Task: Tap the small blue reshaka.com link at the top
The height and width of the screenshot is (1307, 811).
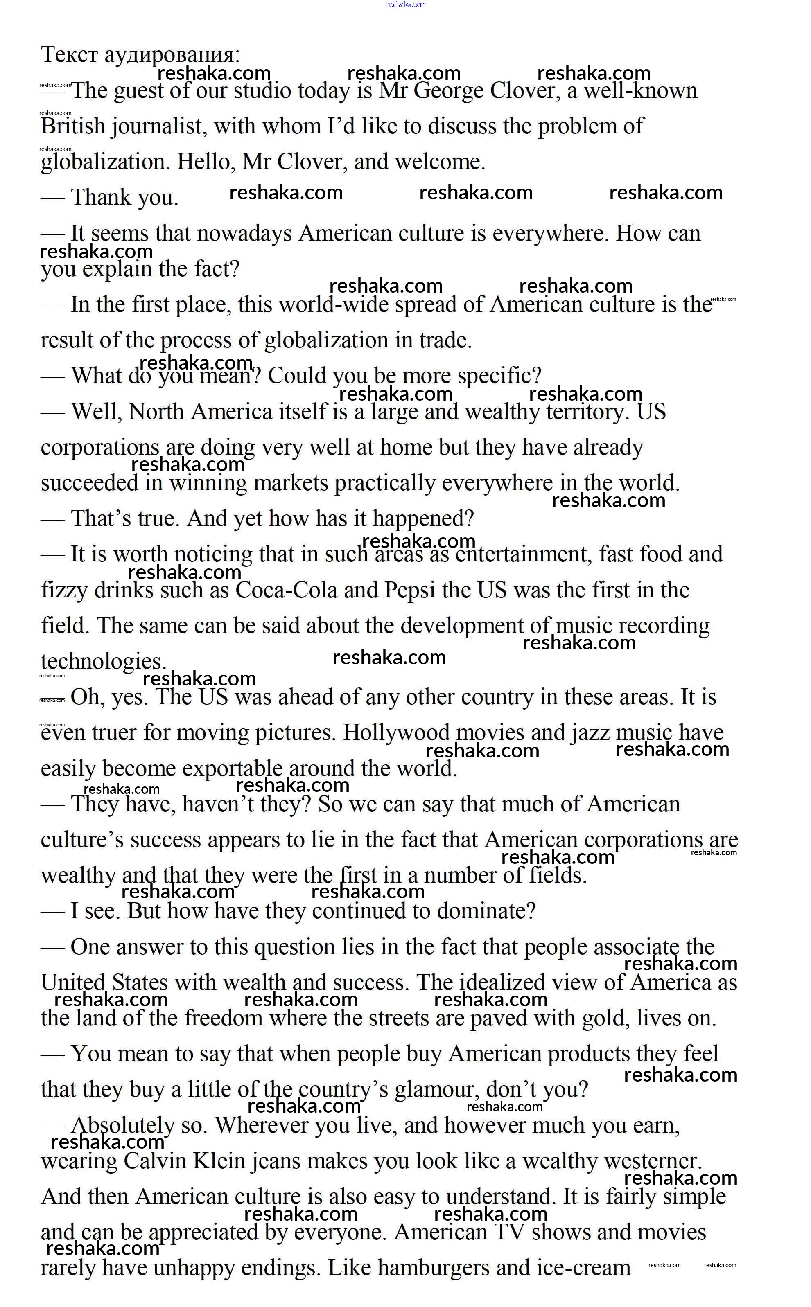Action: [x=405, y=4]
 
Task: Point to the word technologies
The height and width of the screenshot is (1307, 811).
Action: [x=103, y=662]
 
